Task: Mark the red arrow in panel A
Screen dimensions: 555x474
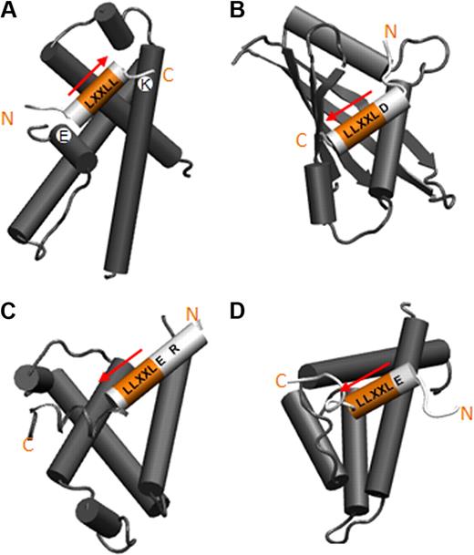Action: coord(90,73)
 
